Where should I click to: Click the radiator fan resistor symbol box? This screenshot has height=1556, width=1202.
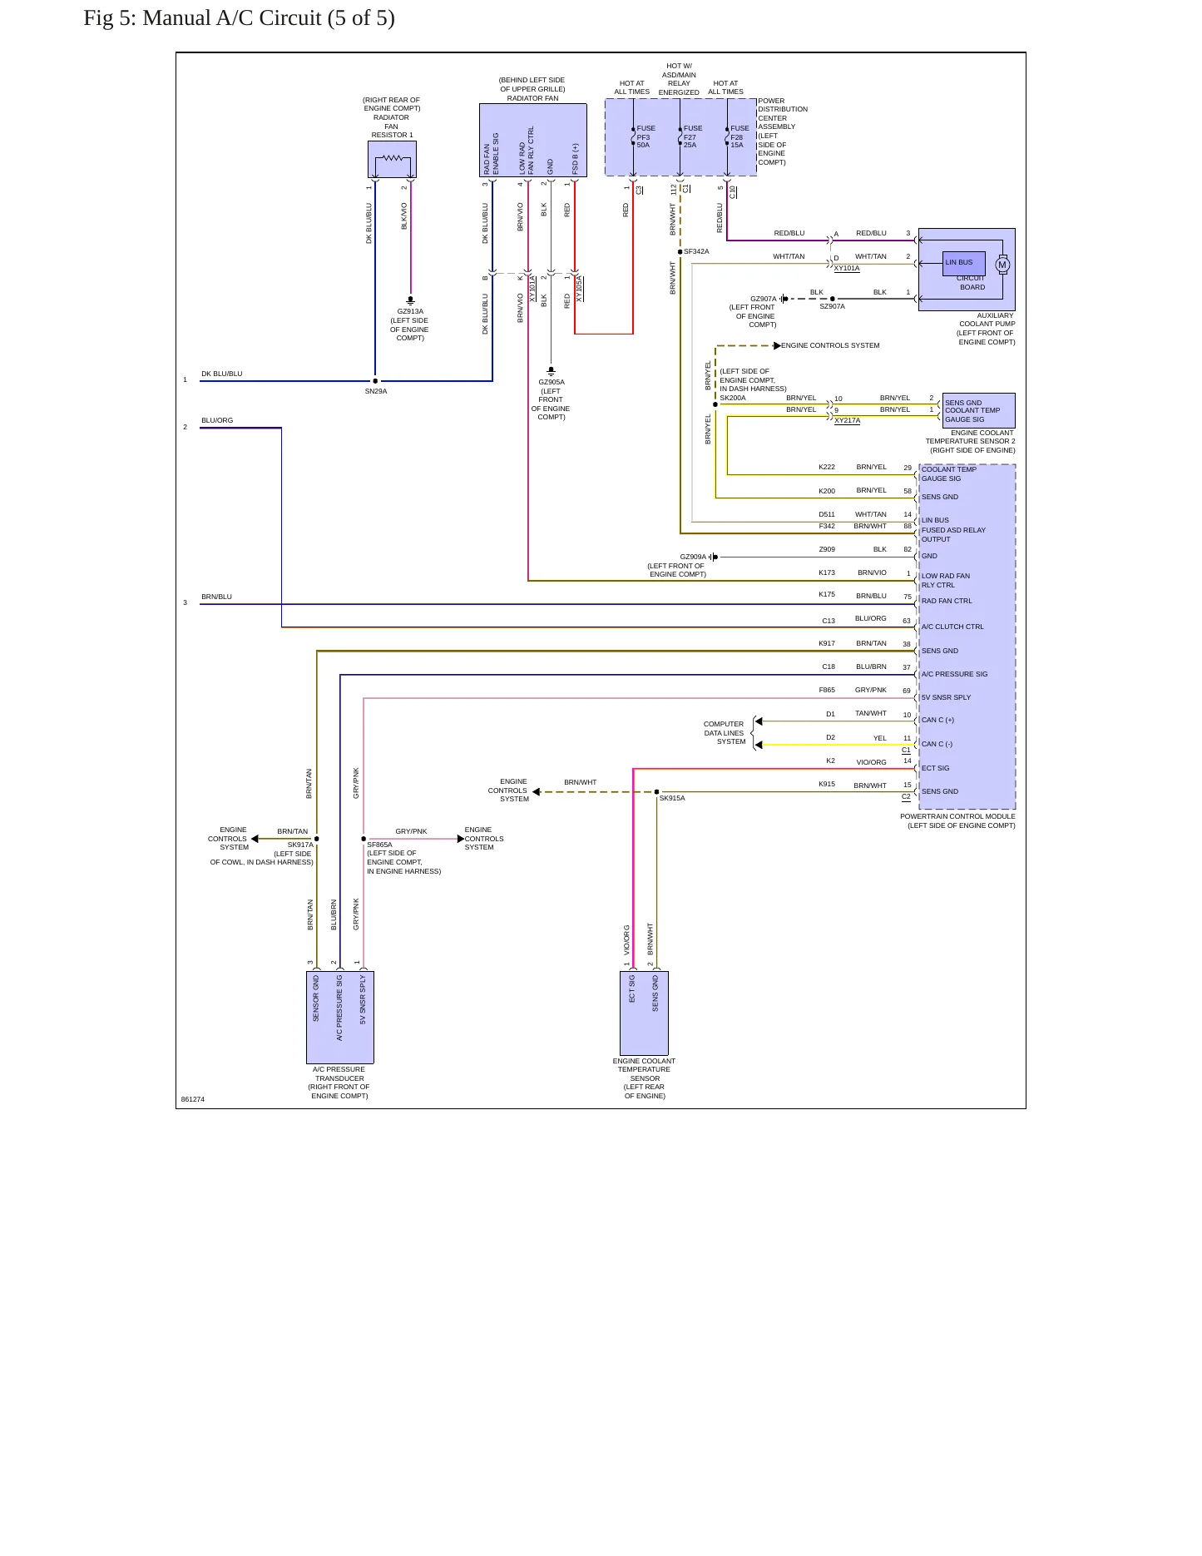tap(392, 159)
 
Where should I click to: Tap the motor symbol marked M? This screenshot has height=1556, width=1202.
tap(1002, 265)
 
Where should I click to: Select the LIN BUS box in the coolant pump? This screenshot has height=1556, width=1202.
tap(964, 263)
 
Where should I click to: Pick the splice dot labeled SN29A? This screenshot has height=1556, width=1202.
tap(375, 381)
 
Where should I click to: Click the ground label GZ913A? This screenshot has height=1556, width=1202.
tap(410, 311)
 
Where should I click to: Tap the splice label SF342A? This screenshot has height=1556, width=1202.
tap(696, 251)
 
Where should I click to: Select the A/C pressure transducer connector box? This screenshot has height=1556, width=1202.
tap(340, 1017)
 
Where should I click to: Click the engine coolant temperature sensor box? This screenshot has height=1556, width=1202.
tap(644, 1013)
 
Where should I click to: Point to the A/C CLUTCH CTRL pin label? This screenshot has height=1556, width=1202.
tap(952, 627)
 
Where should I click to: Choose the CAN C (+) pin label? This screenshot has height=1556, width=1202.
tap(937, 720)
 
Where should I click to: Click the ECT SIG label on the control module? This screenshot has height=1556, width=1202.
tap(935, 768)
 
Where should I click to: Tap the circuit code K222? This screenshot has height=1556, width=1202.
tap(827, 467)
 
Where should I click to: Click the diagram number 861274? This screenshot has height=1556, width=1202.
tap(193, 1099)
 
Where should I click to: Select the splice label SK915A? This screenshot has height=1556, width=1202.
tap(672, 798)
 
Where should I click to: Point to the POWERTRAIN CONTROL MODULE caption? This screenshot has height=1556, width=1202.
tap(957, 816)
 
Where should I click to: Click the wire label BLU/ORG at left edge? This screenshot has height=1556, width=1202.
tap(217, 420)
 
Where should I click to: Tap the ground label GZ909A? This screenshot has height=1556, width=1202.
tap(693, 557)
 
